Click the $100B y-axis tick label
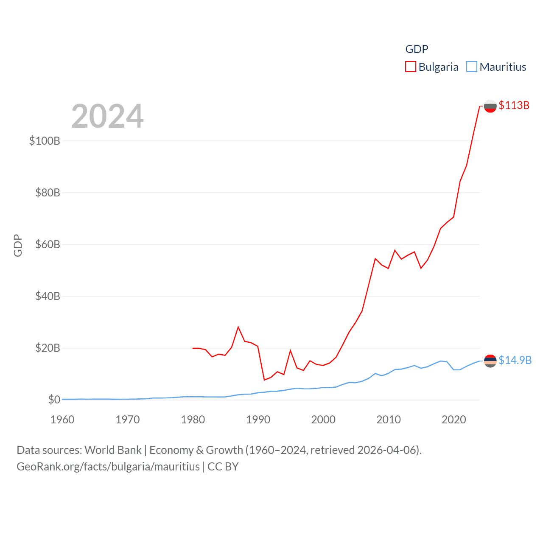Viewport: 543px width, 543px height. tap(45, 141)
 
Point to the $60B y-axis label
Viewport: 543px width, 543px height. tap(48, 244)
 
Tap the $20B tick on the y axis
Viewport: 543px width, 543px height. tap(48, 348)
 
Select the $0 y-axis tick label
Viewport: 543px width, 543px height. tap(54, 400)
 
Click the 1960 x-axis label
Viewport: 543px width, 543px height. tap(62, 420)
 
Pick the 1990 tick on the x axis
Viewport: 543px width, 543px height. tap(258, 420)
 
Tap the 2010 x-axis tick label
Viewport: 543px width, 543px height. tap(389, 420)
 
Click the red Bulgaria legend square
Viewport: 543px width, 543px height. tap(411, 67)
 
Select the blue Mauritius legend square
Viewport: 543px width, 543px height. tap(472, 67)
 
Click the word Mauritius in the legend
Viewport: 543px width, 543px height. tap(503, 67)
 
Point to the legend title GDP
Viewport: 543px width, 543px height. tap(417, 49)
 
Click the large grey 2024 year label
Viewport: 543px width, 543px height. tap(107, 116)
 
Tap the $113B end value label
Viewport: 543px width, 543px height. tap(514, 105)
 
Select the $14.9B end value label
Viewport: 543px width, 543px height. tap(515, 360)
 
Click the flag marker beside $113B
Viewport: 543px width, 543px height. tap(490, 106)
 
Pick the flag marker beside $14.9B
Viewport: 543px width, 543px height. tap(490, 361)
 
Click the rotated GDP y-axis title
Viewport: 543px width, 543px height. tap(18, 245)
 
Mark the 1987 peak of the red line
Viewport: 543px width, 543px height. tap(238, 327)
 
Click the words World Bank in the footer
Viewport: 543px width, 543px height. tap(113, 450)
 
